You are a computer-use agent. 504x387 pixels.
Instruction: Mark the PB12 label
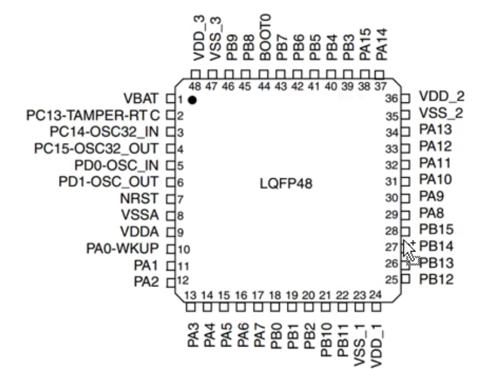tap(436, 280)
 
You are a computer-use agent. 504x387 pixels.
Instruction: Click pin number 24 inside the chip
tap(375, 295)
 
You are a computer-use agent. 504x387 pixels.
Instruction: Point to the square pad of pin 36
tap(406, 98)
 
